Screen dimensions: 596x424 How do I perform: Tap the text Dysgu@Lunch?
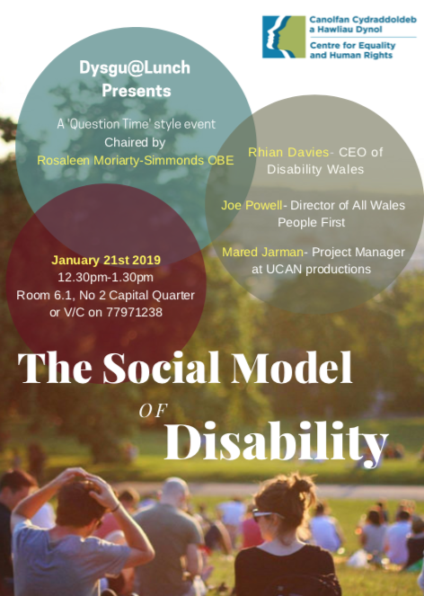[136, 67]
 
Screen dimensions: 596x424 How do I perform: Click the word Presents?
[136, 90]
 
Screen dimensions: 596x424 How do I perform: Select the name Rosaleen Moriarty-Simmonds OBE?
[136, 160]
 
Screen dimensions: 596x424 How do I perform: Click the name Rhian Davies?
[278, 152]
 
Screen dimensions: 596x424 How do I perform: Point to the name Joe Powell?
[251, 205]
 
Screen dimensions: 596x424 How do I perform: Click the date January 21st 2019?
[104, 260]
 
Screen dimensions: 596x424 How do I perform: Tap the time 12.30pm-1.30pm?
[105, 277]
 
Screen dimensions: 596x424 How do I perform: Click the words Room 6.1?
[41, 294]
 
